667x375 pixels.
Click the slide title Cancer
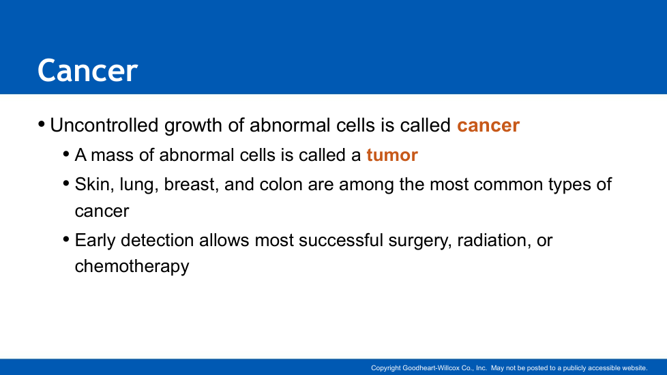(87, 70)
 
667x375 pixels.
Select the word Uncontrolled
(104, 125)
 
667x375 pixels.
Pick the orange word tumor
(392, 155)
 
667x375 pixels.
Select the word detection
(158, 240)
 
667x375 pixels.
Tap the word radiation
(494, 241)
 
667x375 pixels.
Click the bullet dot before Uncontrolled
(42, 125)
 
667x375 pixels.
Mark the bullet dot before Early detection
(66, 239)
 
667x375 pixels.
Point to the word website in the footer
(635, 368)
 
